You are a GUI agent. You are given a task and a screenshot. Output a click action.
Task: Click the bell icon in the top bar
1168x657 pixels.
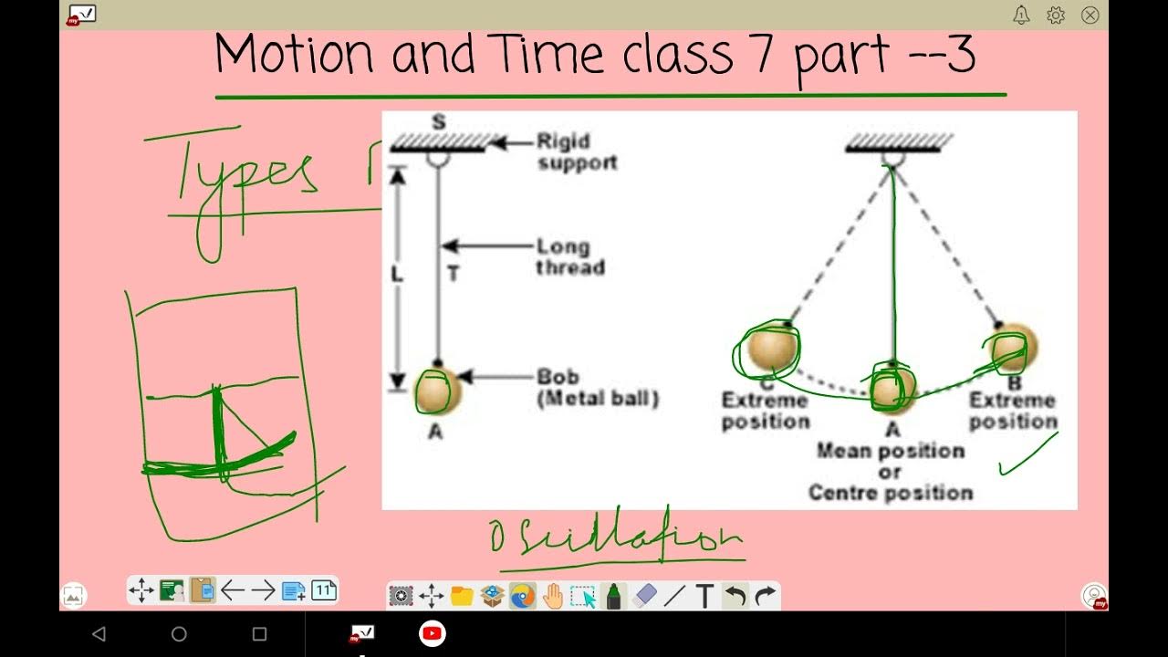click(1021, 15)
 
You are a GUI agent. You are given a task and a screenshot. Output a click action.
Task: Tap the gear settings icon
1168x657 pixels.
click(1056, 15)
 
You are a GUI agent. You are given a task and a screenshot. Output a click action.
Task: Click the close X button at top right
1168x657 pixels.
click(1090, 15)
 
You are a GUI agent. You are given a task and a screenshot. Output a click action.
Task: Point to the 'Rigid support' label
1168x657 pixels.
click(576, 152)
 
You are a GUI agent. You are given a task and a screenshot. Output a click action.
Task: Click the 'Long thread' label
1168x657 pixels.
click(569, 257)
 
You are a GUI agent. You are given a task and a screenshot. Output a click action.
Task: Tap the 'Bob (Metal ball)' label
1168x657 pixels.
click(597, 388)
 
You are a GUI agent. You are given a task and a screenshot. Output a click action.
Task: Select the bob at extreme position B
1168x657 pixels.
click(1009, 349)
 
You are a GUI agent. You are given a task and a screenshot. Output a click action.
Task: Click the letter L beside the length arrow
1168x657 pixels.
click(398, 275)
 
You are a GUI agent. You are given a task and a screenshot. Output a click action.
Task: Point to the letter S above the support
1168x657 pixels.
click(439, 121)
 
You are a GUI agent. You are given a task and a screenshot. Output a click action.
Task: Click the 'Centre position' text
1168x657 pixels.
click(890, 493)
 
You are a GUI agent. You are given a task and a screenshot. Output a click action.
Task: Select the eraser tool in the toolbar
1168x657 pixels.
click(644, 596)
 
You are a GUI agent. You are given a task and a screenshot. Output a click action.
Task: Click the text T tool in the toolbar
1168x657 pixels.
click(704, 596)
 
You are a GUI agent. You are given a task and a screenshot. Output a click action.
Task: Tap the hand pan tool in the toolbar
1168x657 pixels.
click(553, 596)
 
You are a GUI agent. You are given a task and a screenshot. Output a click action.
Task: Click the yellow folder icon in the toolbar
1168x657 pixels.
click(462, 596)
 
